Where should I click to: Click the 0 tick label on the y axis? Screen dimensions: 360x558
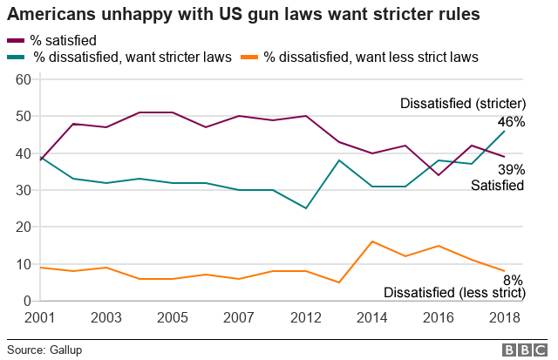(27, 301)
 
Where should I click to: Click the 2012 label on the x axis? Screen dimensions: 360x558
(304, 318)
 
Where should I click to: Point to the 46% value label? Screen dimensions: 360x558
(511, 122)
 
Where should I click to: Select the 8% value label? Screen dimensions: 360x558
(514, 280)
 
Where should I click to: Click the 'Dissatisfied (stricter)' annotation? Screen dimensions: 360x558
(462, 104)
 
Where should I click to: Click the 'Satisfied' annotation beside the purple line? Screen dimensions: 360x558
(498, 185)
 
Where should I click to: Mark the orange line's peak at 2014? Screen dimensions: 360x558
(372, 241)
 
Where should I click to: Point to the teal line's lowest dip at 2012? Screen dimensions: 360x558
(304, 208)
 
